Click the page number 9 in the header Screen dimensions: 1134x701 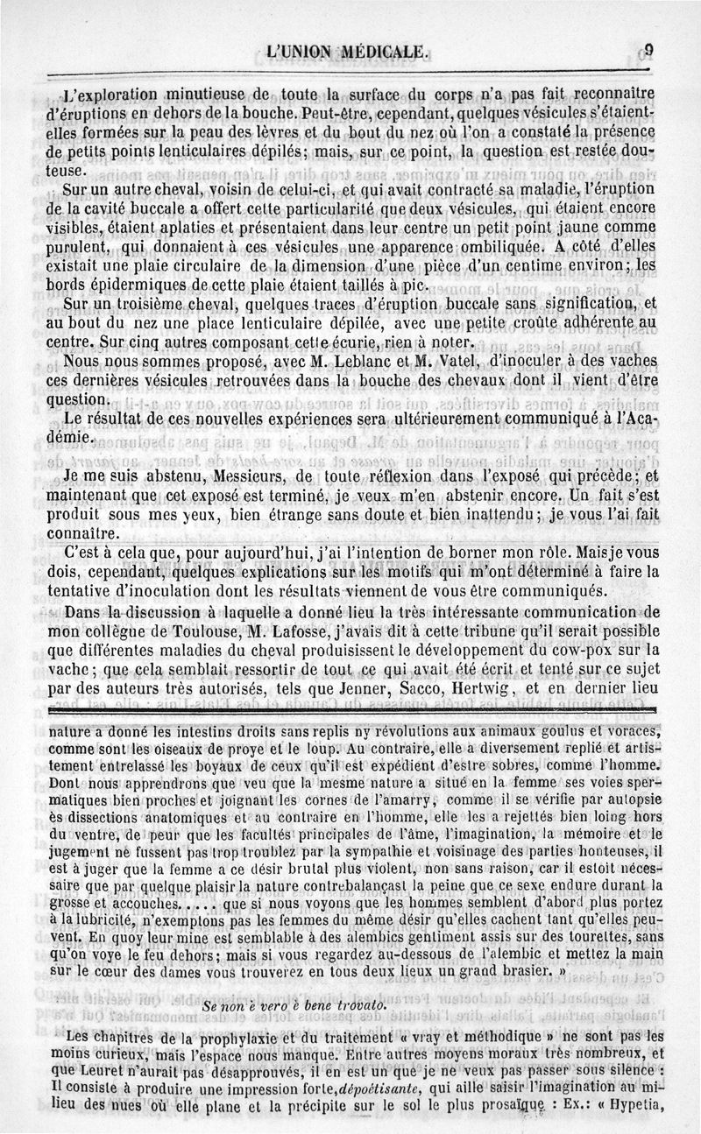[x=650, y=50]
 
